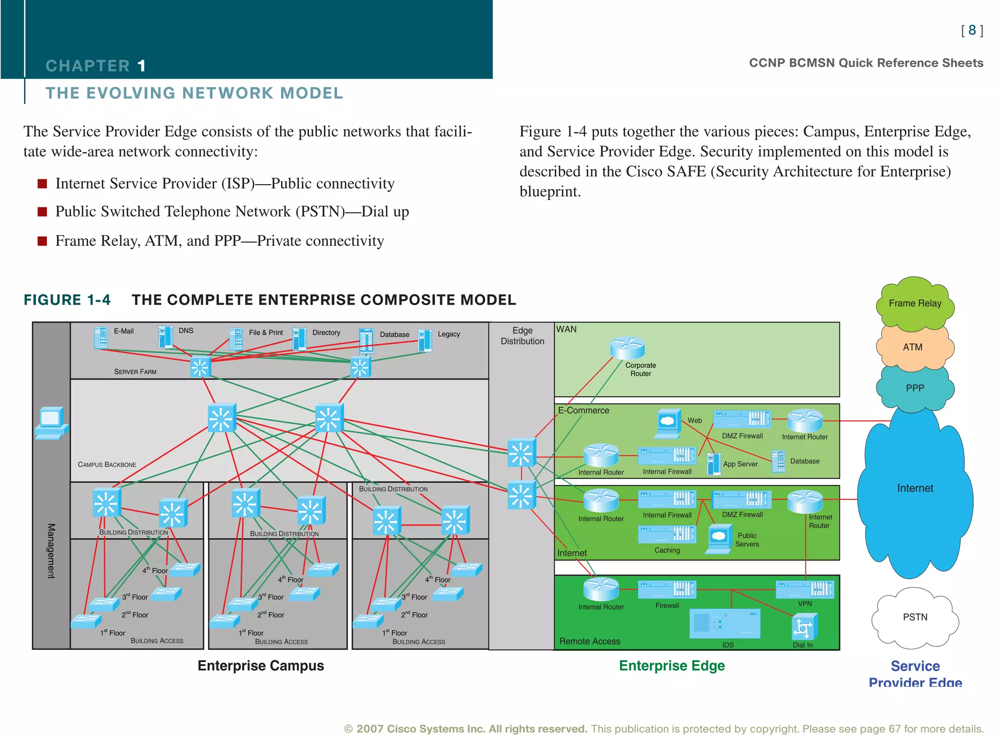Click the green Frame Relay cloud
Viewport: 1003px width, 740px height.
pyautogui.click(x=914, y=303)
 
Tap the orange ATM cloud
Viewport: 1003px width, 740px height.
pyautogui.click(x=912, y=347)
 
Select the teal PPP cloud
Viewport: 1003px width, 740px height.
pyautogui.click(x=914, y=388)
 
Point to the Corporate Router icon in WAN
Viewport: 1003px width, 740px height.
pyautogui.click(x=627, y=348)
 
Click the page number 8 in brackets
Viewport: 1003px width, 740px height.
pyautogui.click(x=972, y=30)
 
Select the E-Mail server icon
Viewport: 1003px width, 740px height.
pyautogui.click(x=101, y=337)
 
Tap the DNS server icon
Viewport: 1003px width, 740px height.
pyautogui.click(x=166, y=337)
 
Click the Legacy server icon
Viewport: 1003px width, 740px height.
pyautogui.click(x=425, y=340)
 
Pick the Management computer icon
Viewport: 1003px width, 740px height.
pyautogui.click(x=51, y=423)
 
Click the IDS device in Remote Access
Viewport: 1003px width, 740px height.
pyautogui.click(x=724, y=624)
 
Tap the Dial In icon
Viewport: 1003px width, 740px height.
pyautogui.click(x=804, y=627)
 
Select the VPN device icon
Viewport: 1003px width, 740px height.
pyautogui.click(x=804, y=589)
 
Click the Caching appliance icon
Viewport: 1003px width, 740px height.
pyautogui.click(x=667, y=534)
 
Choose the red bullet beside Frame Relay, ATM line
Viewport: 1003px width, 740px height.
pyautogui.click(x=43, y=241)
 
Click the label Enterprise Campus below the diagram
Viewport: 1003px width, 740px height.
pyautogui.click(x=261, y=666)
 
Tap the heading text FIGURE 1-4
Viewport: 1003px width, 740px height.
pyautogui.click(x=67, y=300)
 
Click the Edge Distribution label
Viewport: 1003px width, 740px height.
pyautogui.click(x=522, y=336)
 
